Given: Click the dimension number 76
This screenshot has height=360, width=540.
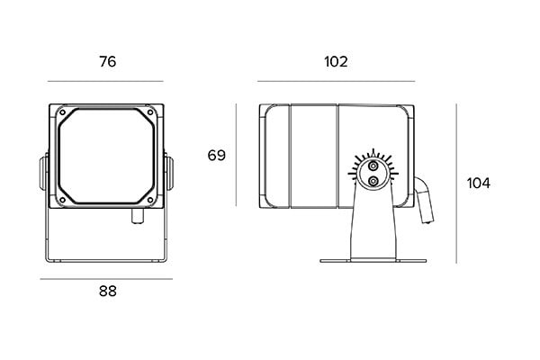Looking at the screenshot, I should coord(107,62).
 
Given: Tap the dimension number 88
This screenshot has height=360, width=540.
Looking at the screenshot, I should coord(107,291).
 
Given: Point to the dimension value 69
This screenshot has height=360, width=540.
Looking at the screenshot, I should coord(217,155).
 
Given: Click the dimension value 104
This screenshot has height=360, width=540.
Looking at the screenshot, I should coord(479,183).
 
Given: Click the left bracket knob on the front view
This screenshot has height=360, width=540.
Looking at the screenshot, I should coord(41,175).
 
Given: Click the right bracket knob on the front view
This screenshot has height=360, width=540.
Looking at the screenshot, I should coord(171,175).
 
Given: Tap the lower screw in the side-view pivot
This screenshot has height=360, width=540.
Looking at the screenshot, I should coord(373,181).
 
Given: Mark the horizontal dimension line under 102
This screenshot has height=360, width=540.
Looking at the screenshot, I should coord(336,81).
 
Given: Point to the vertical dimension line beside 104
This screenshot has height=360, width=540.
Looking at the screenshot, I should coord(456,183).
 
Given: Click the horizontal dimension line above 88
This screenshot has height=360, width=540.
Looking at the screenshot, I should coord(106,279).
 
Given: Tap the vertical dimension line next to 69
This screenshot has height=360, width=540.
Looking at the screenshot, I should coord(236,155).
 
